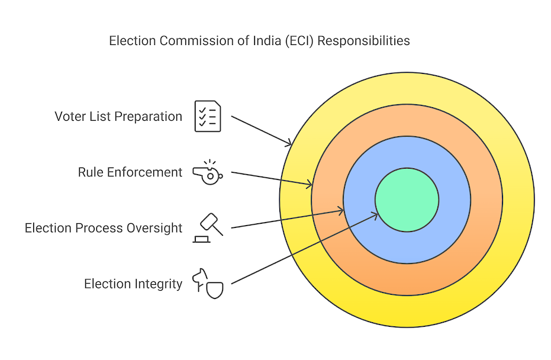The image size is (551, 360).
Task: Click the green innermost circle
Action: pos(407,200)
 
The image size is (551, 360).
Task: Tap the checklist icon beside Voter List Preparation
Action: pos(208,116)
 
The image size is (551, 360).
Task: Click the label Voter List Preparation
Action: pos(118,116)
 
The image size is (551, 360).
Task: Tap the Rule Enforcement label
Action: pos(130,172)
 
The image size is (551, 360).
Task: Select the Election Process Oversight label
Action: pos(104,228)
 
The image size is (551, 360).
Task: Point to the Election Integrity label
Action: pos(133,284)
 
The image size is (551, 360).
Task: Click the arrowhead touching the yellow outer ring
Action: pos(289,143)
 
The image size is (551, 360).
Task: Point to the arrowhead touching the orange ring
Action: pos(310,185)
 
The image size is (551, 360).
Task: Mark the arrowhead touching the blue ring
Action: pos(341,209)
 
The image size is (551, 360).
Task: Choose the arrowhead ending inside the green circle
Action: pos(376,214)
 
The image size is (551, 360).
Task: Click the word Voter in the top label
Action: pos(70,116)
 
